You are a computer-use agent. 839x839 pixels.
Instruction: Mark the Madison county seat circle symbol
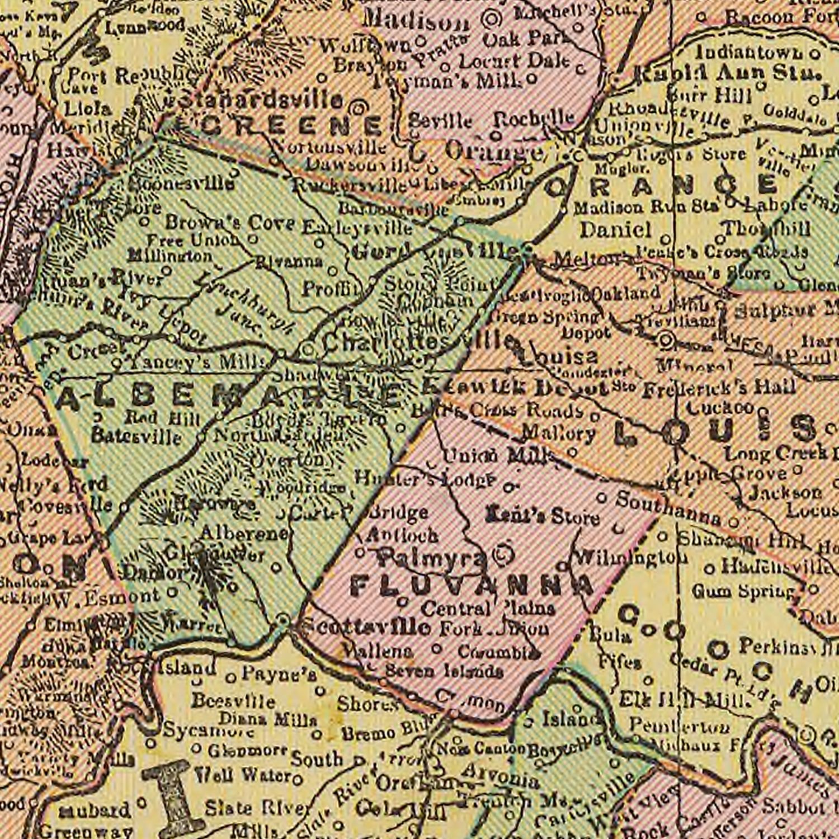pyautogui.click(x=492, y=18)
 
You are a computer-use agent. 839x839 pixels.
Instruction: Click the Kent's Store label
pyautogui.click(x=543, y=516)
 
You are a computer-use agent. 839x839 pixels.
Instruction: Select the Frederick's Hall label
pyautogui.click(x=719, y=387)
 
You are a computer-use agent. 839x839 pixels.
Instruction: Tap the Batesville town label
pyautogui.click(x=136, y=436)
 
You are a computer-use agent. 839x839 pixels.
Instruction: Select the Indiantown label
pyautogui.click(x=750, y=53)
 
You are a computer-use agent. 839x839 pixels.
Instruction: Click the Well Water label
pyautogui.click(x=243, y=776)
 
